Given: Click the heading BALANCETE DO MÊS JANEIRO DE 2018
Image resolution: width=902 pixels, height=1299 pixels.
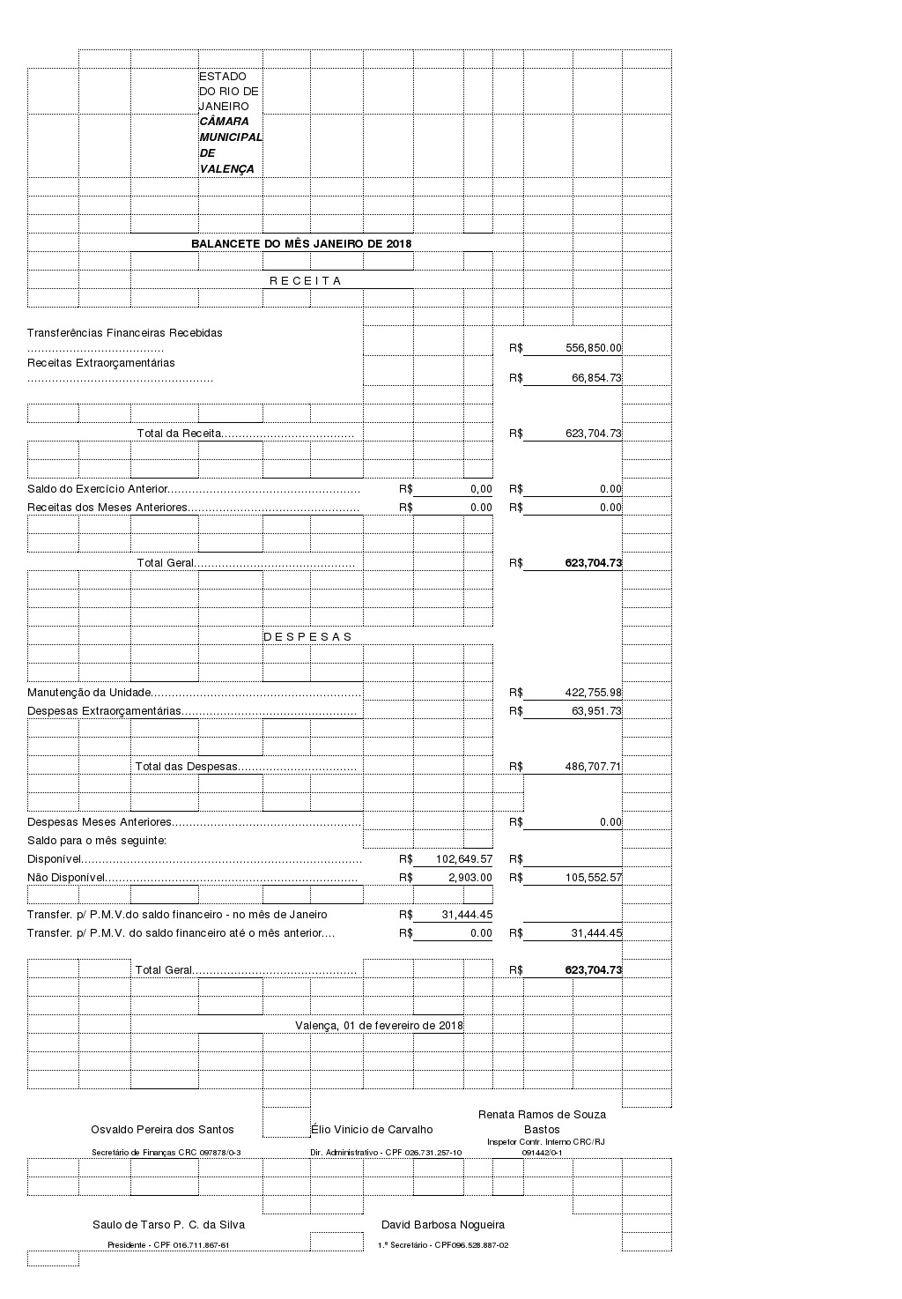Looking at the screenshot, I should click(x=301, y=244).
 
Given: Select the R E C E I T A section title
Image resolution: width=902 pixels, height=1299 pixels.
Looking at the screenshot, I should click(x=305, y=281).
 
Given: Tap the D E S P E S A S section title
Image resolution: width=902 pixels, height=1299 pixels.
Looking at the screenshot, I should click(x=307, y=637).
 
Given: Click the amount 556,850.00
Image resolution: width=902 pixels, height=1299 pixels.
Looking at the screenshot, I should click(x=593, y=348).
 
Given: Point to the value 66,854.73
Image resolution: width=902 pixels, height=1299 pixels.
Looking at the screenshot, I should click(x=596, y=378).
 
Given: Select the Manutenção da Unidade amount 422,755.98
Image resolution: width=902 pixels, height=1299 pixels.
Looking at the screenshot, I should click(x=593, y=693).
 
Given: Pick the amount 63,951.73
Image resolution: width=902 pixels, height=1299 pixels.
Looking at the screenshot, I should click(x=596, y=711).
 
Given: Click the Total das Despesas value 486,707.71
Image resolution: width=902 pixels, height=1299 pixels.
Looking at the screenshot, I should click(x=593, y=767).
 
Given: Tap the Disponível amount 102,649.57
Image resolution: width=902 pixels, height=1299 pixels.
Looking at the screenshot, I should click(x=464, y=859).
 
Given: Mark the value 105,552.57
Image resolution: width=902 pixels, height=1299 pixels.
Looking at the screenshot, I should click(x=593, y=878).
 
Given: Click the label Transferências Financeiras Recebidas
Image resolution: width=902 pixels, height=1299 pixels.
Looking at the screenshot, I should click(x=125, y=333).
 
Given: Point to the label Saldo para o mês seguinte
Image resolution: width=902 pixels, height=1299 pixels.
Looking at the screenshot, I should click(x=97, y=841).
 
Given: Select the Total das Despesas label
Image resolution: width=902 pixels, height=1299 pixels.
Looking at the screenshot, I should click(x=187, y=767).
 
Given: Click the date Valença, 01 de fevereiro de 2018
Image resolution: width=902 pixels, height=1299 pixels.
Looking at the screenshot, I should click(x=379, y=1026).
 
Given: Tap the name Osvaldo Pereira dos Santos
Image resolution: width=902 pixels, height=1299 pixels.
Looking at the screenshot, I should click(x=162, y=1130).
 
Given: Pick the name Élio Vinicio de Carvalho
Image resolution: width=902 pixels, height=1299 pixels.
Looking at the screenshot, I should click(x=372, y=1130).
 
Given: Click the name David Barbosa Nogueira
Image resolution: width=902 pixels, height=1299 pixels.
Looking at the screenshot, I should click(x=443, y=1225).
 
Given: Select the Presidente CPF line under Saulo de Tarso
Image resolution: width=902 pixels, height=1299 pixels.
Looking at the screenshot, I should click(x=168, y=1245).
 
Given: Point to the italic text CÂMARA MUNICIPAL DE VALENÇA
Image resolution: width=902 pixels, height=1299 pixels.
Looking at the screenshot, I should click(x=231, y=145).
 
